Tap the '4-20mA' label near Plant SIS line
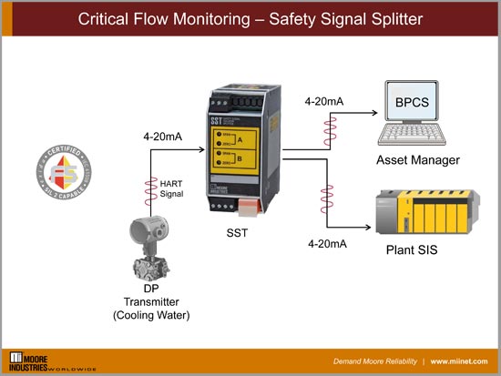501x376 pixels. (x=327, y=244)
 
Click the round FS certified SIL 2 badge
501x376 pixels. (x=65, y=171)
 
